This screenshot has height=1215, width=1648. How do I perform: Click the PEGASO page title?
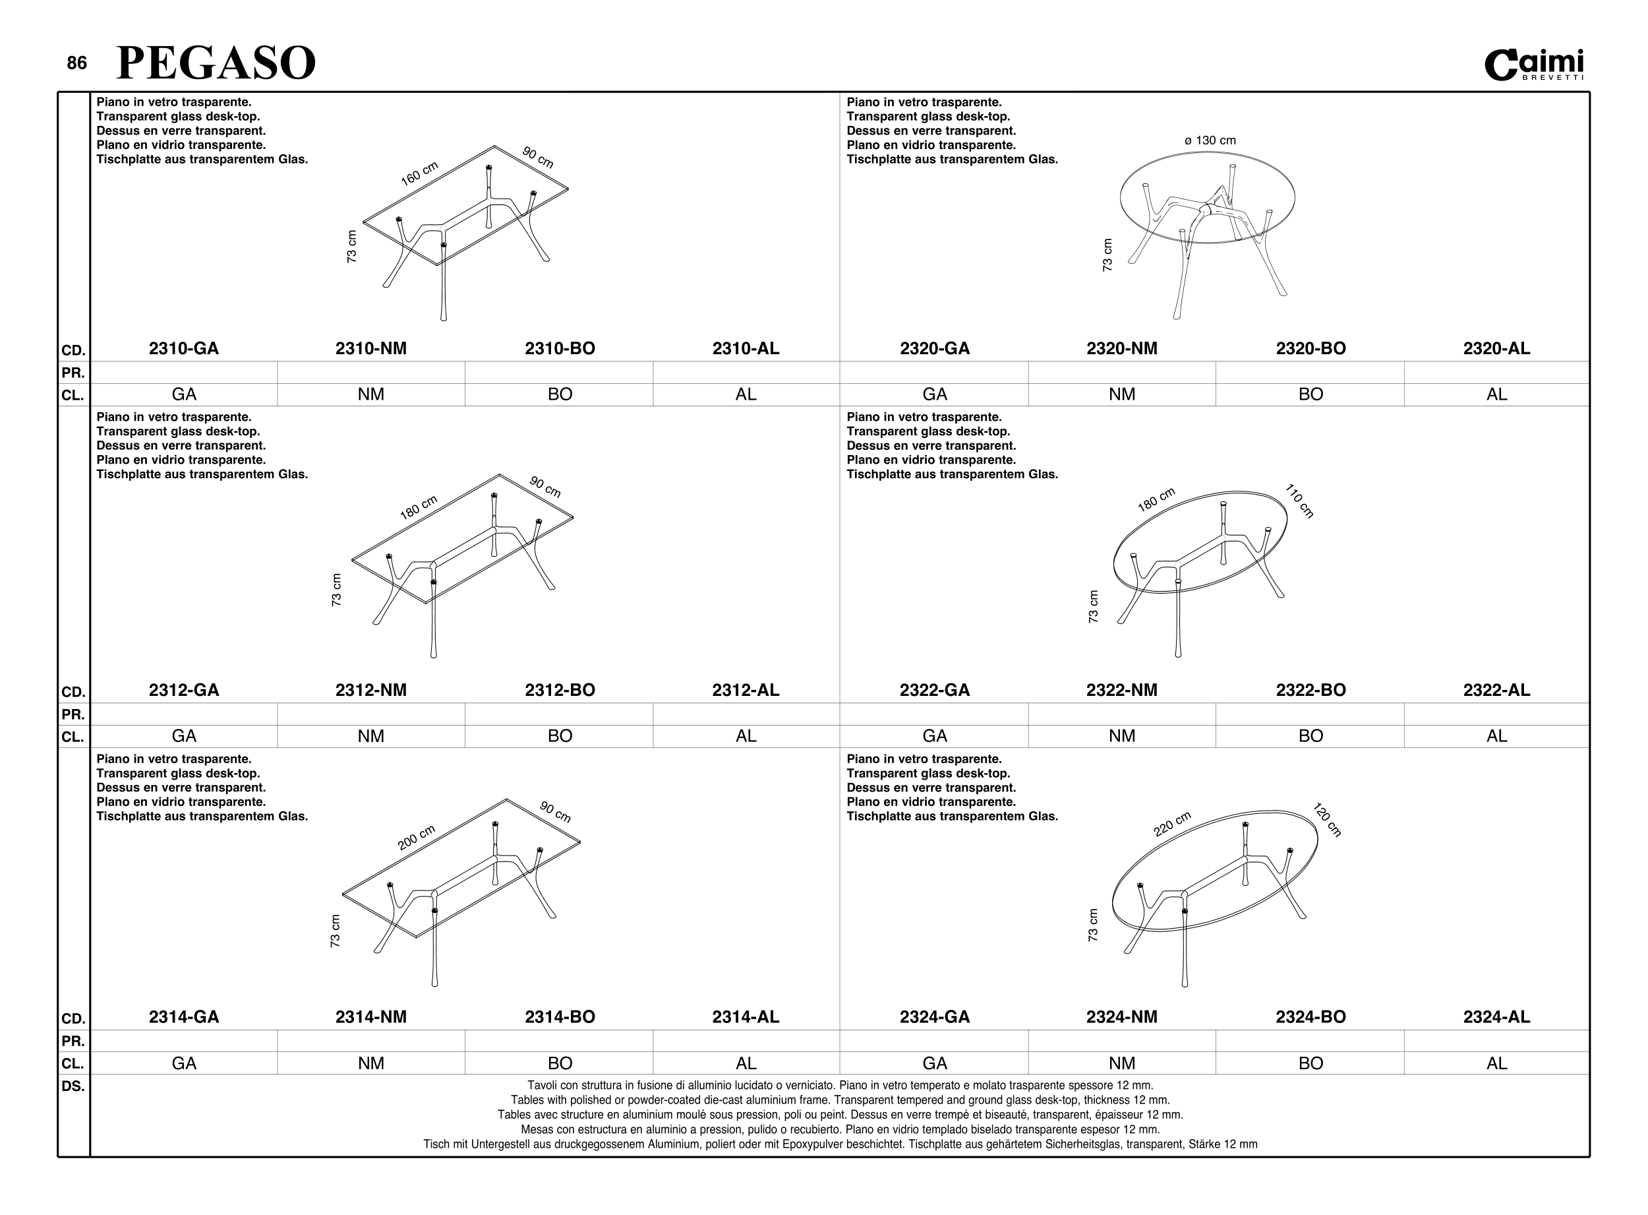(x=216, y=63)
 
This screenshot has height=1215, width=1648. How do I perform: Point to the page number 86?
(x=76, y=63)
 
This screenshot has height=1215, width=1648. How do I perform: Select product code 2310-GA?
(x=184, y=349)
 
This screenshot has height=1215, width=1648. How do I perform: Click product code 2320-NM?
(x=1122, y=349)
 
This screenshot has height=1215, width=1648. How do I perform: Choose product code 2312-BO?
(x=560, y=690)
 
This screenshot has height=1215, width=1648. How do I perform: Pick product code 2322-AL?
(x=1496, y=690)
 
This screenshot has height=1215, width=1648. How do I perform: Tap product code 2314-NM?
(x=371, y=1017)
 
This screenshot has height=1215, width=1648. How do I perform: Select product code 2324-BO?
(x=1310, y=1017)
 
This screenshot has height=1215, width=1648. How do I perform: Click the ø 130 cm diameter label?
(x=1209, y=140)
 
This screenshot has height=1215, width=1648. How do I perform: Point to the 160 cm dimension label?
(x=419, y=173)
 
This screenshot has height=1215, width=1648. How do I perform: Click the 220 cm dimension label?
(x=1171, y=825)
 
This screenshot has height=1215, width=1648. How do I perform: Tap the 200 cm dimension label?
(x=417, y=838)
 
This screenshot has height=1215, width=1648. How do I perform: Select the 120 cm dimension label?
(x=1327, y=821)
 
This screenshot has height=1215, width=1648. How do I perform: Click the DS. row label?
(x=73, y=1086)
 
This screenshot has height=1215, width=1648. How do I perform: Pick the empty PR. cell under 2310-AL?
(x=746, y=372)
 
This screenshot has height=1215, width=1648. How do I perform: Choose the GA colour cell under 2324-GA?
(x=934, y=1063)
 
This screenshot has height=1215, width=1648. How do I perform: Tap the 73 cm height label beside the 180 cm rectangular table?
(x=337, y=590)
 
